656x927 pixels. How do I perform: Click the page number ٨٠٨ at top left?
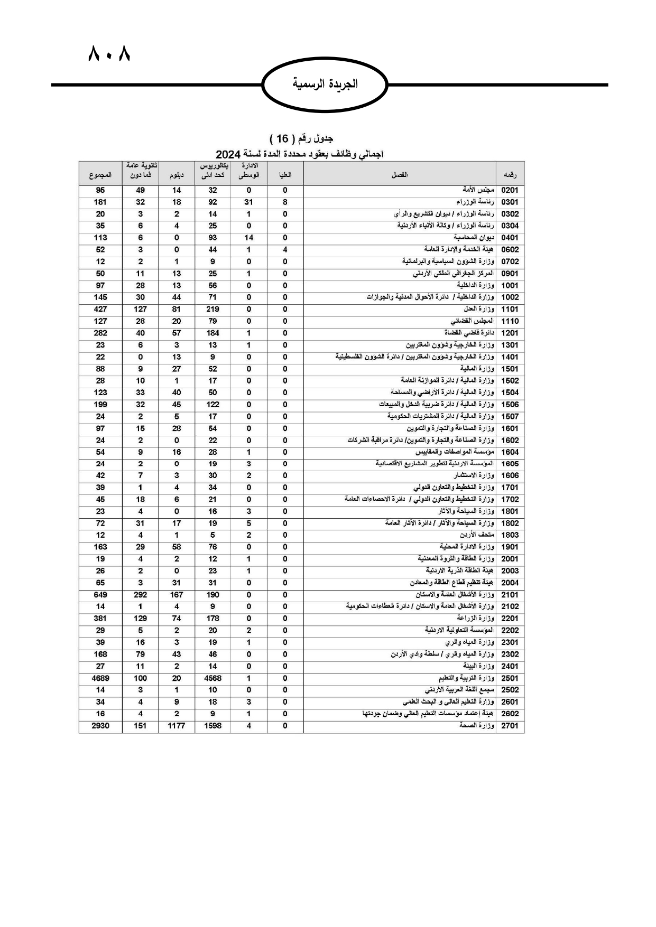(x=109, y=54)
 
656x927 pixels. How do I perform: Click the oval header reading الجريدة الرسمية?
(x=325, y=84)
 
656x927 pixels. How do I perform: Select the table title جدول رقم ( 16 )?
(x=301, y=138)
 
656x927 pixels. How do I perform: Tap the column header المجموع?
(x=100, y=174)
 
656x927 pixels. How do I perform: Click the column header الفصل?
(x=399, y=174)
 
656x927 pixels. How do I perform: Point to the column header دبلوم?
(x=177, y=174)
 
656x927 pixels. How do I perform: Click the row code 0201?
(x=510, y=190)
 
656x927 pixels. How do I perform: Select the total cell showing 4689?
(x=100, y=678)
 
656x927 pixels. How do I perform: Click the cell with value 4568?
(x=212, y=678)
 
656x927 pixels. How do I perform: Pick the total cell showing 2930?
(x=100, y=726)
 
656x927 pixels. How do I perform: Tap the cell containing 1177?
(x=177, y=726)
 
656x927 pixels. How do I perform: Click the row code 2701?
(x=510, y=726)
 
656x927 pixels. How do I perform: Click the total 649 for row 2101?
(x=100, y=595)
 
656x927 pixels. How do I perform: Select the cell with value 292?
(x=140, y=595)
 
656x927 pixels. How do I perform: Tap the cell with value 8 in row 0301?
(x=285, y=202)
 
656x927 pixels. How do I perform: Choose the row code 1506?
(x=510, y=405)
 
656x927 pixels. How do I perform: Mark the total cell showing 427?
(x=100, y=310)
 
